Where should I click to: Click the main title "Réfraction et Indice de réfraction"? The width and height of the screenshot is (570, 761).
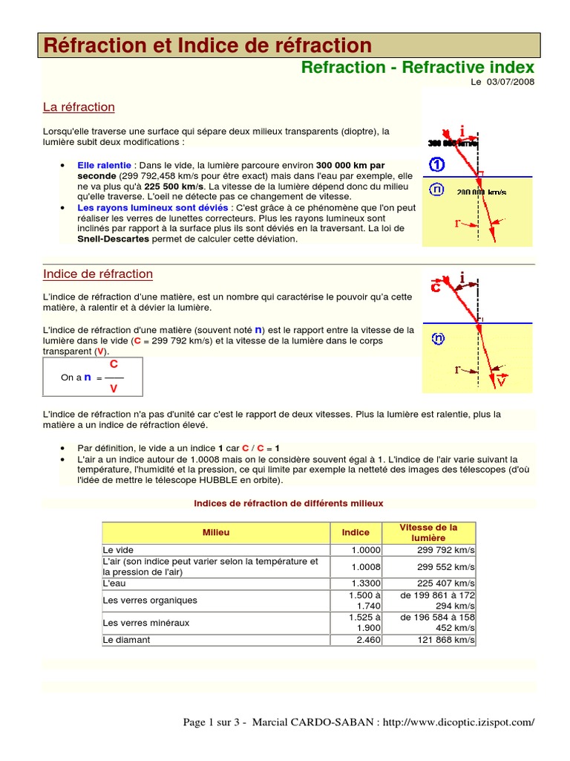pyautogui.click(x=208, y=45)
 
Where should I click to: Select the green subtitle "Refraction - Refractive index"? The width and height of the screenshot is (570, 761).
pyautogui.click(x=417, y=68)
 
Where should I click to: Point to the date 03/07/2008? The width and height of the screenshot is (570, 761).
pyautogui.click(x=511, y=82)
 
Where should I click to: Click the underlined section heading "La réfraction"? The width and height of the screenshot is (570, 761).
pyautogui.click(x=79, y=107)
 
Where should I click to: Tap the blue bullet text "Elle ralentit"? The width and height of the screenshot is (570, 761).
pyautogui.click(x=104, y=164)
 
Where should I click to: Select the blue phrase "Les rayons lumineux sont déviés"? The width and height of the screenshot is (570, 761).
pyautogui.click(x=153, y=208)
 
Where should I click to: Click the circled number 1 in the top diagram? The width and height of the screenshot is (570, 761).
pyautogui.click(x=437, y=164)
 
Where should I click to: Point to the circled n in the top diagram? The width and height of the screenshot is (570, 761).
pyautogui.click(x=437, y=190)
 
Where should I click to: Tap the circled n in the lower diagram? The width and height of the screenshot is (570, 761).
pyautogui.click(x=438, y=339)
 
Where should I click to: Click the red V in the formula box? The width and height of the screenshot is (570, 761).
pyautogui.click(x=113, y=389)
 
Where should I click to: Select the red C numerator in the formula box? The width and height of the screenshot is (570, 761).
pyautogui.click(x=114, y=365)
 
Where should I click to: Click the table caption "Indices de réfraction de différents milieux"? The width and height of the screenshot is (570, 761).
pyautogui.click(x=288, y=503)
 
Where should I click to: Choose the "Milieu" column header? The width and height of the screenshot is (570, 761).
pyautogui.click(x=216, y=533)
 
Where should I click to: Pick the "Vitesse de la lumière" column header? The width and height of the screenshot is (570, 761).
pyautogui.click(x=428, y=532)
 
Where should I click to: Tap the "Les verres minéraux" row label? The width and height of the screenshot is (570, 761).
pyautogui.click(x=146, y=623)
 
